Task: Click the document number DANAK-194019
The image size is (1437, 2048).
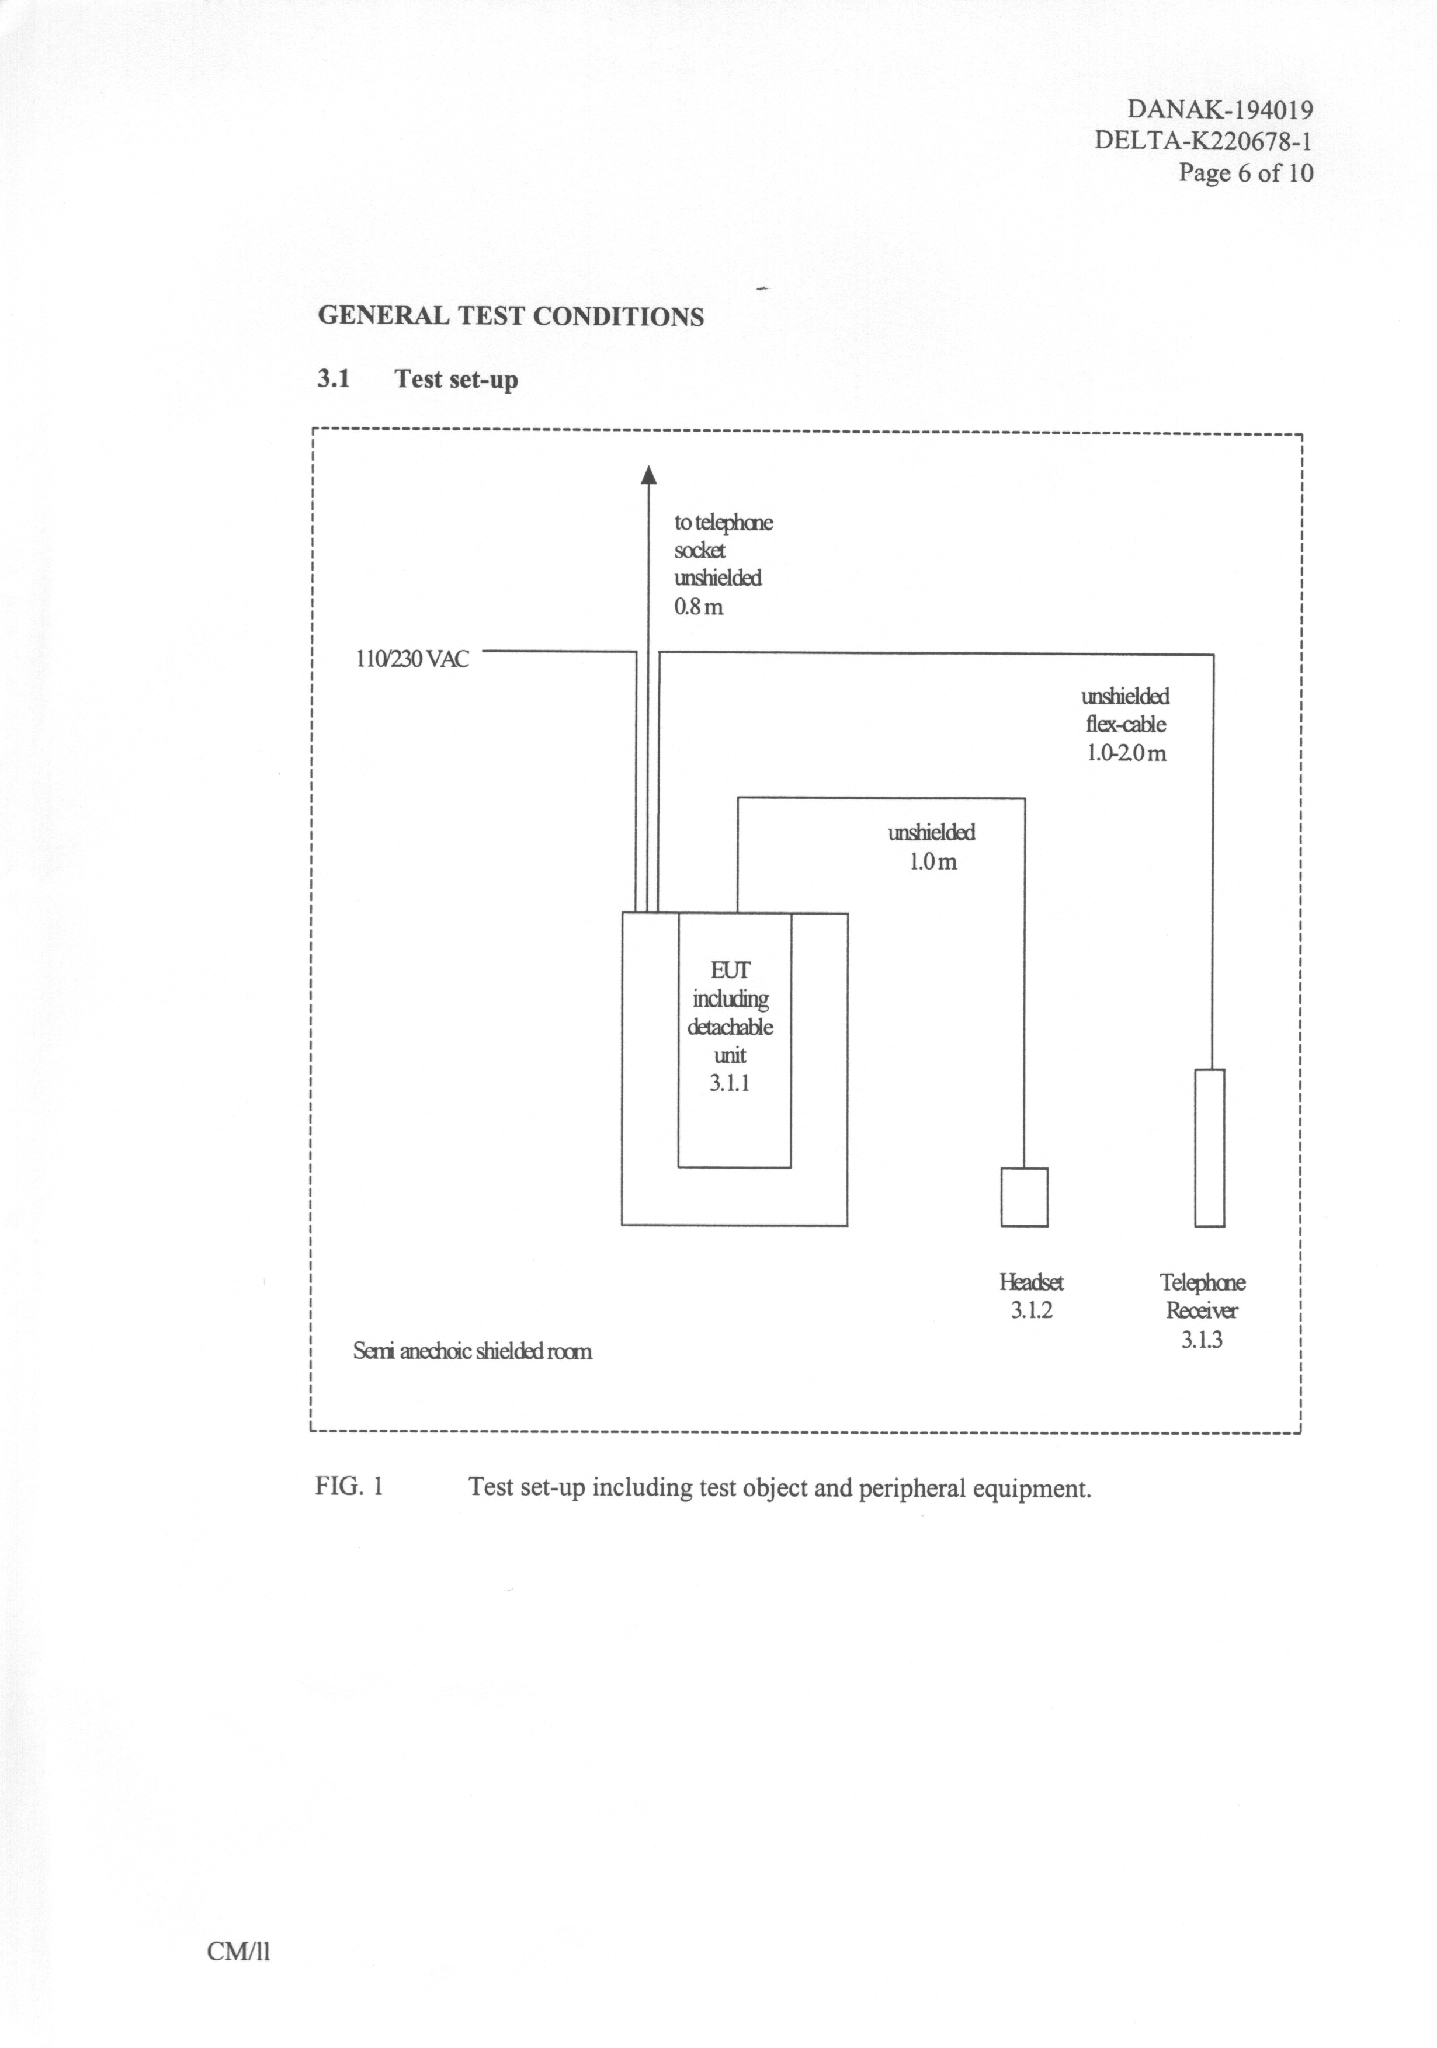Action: click(x=1219, y=110)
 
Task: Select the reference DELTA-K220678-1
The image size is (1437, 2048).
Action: click(x=1203, y=141)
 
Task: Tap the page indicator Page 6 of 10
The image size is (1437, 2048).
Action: click(x=1245, y=172)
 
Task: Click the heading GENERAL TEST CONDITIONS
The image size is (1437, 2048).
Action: click(x=510, y=317)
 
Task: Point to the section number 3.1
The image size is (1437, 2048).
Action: click(x=333, y=379)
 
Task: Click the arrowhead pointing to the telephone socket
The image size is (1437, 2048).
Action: click(x=648, y=475)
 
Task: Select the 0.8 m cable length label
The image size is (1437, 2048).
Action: click(x=699, y=607)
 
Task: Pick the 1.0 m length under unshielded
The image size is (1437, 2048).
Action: click(x=932, y=862)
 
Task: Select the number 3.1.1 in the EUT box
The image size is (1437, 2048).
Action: click(x=729, y=1084)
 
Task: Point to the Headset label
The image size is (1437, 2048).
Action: click(x=1031, y=1282)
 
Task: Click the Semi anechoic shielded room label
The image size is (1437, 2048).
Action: click(x=472, y=1351)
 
